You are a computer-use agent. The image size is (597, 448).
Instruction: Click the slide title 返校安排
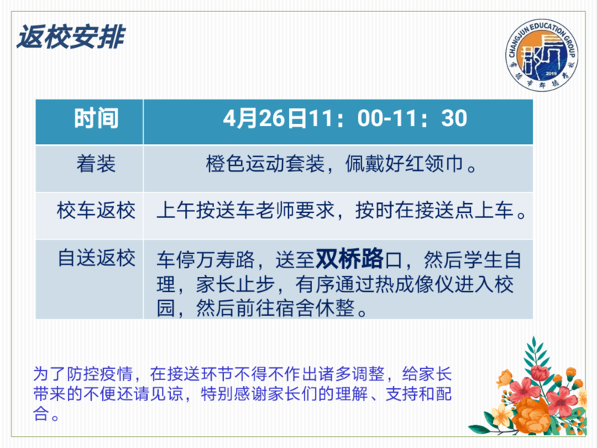[71, 37]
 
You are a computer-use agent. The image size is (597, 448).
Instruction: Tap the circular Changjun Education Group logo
[542, 55]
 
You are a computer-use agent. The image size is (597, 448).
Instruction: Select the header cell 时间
[96, 119]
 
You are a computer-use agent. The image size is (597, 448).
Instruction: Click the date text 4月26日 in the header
[265, 119]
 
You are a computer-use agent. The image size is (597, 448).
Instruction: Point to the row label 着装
[96, 164]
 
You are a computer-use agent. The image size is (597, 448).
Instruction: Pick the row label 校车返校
[96, 211]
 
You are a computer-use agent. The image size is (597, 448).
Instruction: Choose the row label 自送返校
[96, 258]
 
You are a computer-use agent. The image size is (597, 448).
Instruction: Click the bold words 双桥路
[349, 258]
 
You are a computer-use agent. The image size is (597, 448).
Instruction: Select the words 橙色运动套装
[266, 164]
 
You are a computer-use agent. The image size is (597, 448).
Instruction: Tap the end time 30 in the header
[454, 119]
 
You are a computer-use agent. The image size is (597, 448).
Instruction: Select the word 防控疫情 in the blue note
[99, 374]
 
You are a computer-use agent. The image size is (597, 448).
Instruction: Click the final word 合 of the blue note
[41, 414]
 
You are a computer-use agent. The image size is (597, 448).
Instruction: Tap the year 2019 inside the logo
[551, 73]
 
